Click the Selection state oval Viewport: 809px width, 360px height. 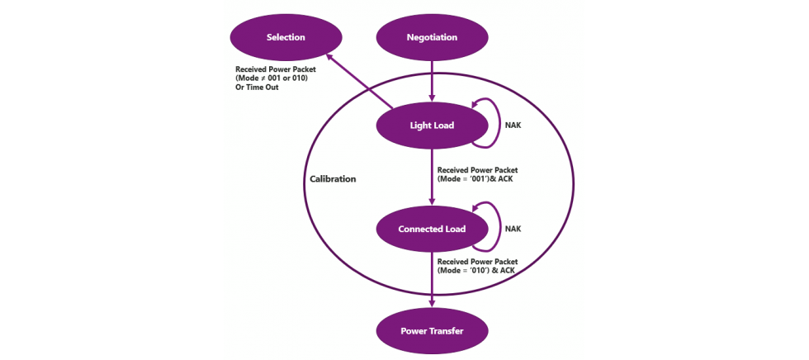(286, 37)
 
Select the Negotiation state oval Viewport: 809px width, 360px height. (432, 37)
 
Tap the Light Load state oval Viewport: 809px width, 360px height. (432, 126)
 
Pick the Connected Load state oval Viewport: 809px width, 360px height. (432, 229)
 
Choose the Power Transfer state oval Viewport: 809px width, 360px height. (432, 331)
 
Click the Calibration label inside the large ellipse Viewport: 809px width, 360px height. (333, 178)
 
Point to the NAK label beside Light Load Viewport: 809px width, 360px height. (513, 126)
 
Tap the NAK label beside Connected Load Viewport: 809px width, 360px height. (513, 229)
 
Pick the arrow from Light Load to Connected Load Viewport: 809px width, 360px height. (432, 178)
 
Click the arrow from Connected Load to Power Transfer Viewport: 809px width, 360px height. (432, 281)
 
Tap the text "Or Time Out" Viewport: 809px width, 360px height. (257, 87)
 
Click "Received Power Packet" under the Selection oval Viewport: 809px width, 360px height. (276, 69)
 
